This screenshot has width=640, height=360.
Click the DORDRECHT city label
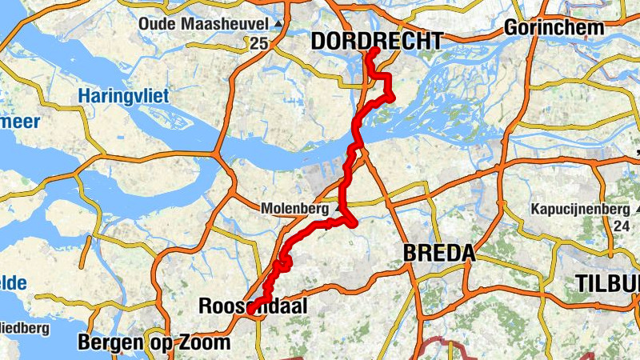click(376, 41)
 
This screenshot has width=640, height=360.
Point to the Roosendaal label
click(252, 306)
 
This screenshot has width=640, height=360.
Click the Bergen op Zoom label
click(154, 343)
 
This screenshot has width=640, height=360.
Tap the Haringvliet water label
click(123, 96)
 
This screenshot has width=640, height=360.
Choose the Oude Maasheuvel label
click(204, 25)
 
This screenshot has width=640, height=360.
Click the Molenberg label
click(295, 208)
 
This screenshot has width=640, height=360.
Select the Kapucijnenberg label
click(580, 210)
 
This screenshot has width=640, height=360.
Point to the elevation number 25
click(258, 43)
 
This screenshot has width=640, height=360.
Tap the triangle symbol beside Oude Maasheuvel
click(278, 25)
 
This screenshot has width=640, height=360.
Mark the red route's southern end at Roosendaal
click(251, 309)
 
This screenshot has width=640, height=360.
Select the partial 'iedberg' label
click(24, 328)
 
